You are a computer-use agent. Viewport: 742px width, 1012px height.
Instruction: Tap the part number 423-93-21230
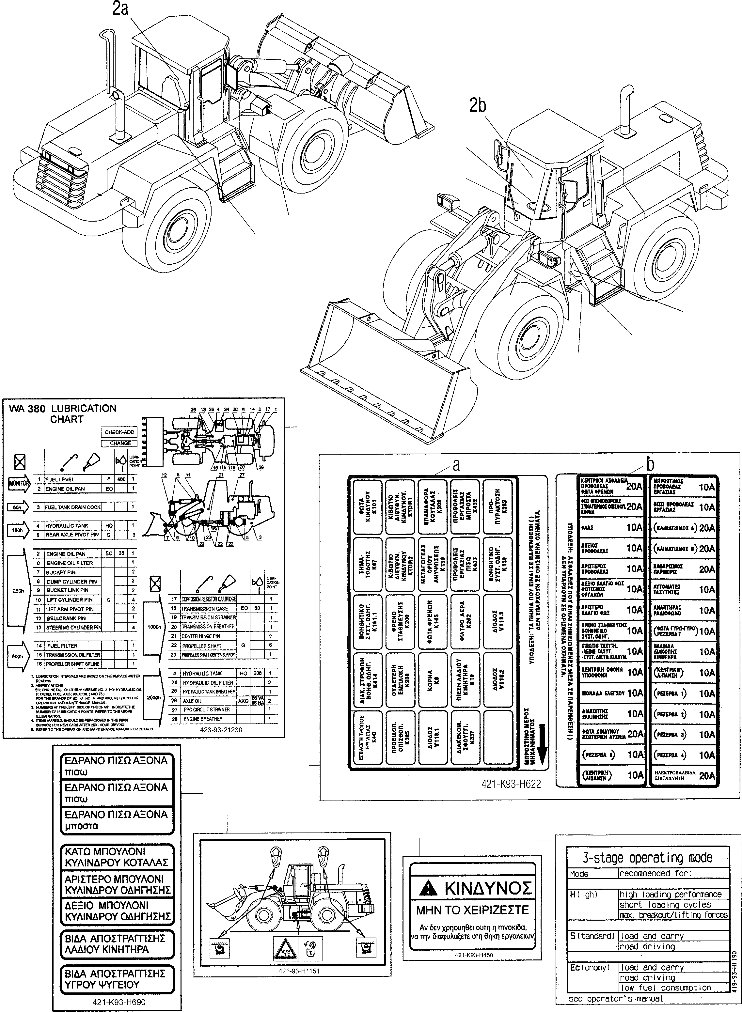coord(221,730)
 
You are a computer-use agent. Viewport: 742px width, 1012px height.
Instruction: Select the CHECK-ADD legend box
coord(119,432)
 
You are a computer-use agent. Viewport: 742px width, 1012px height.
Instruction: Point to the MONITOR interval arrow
coord(19,484)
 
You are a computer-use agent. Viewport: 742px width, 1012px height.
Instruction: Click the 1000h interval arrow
coord(154,627)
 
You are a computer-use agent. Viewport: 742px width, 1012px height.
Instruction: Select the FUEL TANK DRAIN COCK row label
coord(73,507)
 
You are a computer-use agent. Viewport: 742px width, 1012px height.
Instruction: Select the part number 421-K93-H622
coord(511,784)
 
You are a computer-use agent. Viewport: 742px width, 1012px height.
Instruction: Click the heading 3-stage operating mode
coord(647,858)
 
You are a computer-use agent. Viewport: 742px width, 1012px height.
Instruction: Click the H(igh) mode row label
coord(584,895)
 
